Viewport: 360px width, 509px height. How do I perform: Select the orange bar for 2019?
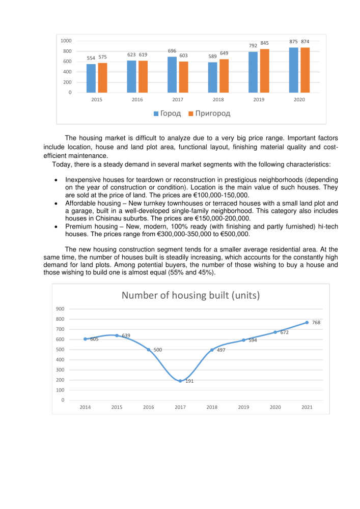coord(264,71)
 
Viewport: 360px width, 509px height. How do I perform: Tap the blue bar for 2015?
coord(91,78)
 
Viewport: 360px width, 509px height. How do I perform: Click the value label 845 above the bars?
coord(264,43)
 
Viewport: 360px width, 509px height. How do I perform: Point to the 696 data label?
coord(172,51)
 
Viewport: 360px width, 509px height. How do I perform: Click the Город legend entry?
coord(168,113)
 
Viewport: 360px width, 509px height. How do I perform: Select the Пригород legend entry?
coord(209,113)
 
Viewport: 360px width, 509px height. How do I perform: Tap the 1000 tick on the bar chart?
coord(66,41)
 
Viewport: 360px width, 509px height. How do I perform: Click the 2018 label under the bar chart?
coord(218,100)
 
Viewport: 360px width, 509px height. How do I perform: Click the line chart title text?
coord(190,296)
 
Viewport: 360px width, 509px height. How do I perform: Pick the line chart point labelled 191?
coord(180,381)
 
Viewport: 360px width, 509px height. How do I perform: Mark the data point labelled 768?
coord(307,322)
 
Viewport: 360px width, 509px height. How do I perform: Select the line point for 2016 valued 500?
coord(149,350)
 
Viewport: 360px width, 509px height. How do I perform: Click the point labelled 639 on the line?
coord(117,335)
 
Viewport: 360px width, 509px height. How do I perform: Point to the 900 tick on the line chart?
coord(60,309)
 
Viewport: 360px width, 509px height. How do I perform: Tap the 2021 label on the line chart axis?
coord(307,407)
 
